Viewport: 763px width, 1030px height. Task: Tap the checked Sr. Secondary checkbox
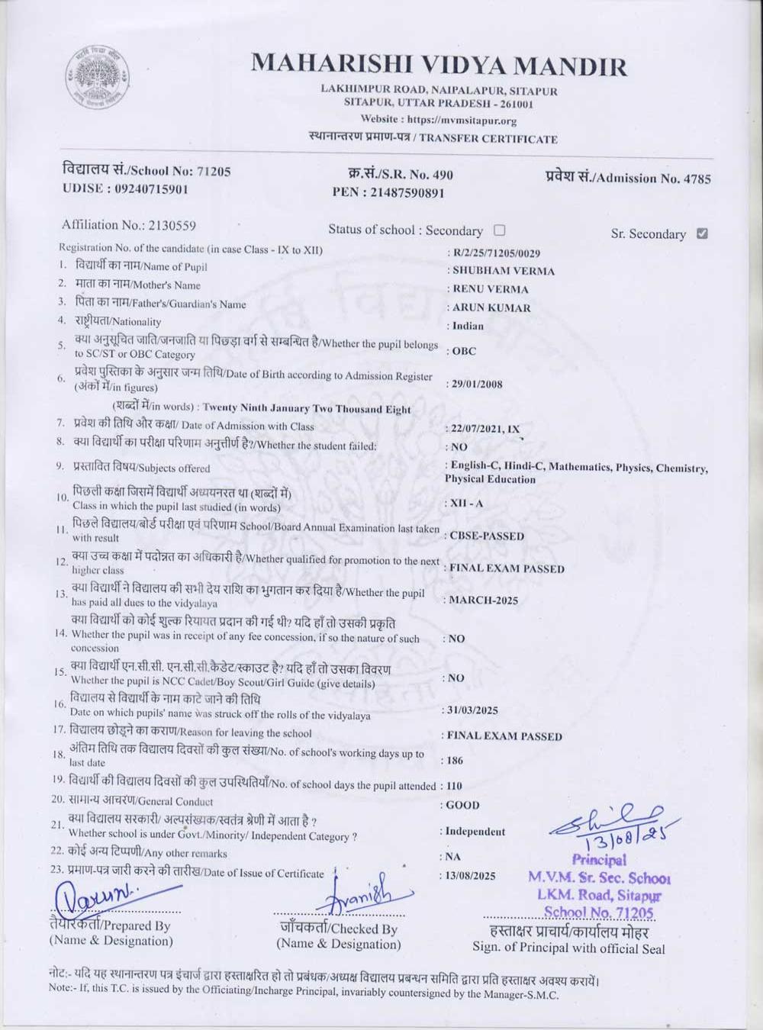tap(702, 233)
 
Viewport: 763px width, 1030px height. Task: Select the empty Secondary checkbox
tap(499, 230)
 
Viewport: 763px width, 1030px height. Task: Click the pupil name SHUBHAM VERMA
tap(503, 271)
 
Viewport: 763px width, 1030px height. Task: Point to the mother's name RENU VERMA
tap(490, 289)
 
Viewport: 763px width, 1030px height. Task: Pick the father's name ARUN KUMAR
tap(491, 307)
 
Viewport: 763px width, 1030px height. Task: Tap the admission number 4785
tap(697, 179)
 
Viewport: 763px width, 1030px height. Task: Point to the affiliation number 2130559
tap(172, 225)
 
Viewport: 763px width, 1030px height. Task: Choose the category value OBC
tap(464, 351)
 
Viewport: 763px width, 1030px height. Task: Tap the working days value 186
tap(455, 761)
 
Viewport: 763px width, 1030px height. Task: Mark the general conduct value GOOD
tap(462, 805)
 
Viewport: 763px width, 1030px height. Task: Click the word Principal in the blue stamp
tap(599, 861)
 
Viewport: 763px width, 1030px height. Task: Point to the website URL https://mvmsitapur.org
tap(462, 120)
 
